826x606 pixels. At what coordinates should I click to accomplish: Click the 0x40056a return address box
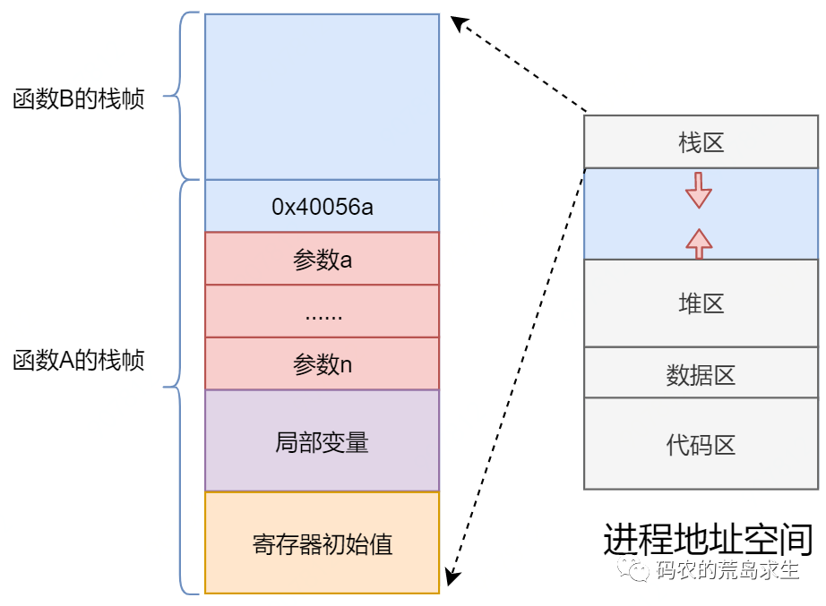(322, 207)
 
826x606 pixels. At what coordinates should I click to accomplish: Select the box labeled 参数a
(322, 260)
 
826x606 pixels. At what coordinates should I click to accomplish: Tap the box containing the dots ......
(322, 312)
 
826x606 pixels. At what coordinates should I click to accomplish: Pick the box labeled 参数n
(322, 364)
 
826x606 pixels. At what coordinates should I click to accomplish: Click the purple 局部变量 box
(322, 441)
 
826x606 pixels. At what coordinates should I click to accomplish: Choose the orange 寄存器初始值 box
(322, 543)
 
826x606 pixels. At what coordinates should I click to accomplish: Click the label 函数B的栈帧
(79, 99)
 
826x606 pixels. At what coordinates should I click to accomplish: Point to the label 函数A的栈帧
(79, 361)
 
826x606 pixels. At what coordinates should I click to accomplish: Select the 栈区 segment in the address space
(701, 141)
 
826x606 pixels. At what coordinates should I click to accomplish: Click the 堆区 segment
(701, 303)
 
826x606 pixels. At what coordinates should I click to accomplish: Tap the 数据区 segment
(701, 373)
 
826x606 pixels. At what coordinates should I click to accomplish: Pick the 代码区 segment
(701, 444)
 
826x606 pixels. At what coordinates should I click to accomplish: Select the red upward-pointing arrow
(699, 241)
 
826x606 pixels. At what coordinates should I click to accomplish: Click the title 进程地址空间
(707, 539)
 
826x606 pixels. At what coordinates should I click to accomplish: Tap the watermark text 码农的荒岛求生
(726, 570)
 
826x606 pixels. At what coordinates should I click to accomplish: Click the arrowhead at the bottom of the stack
(453, 576)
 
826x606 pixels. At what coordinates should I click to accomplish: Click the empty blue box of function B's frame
(322, 97)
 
